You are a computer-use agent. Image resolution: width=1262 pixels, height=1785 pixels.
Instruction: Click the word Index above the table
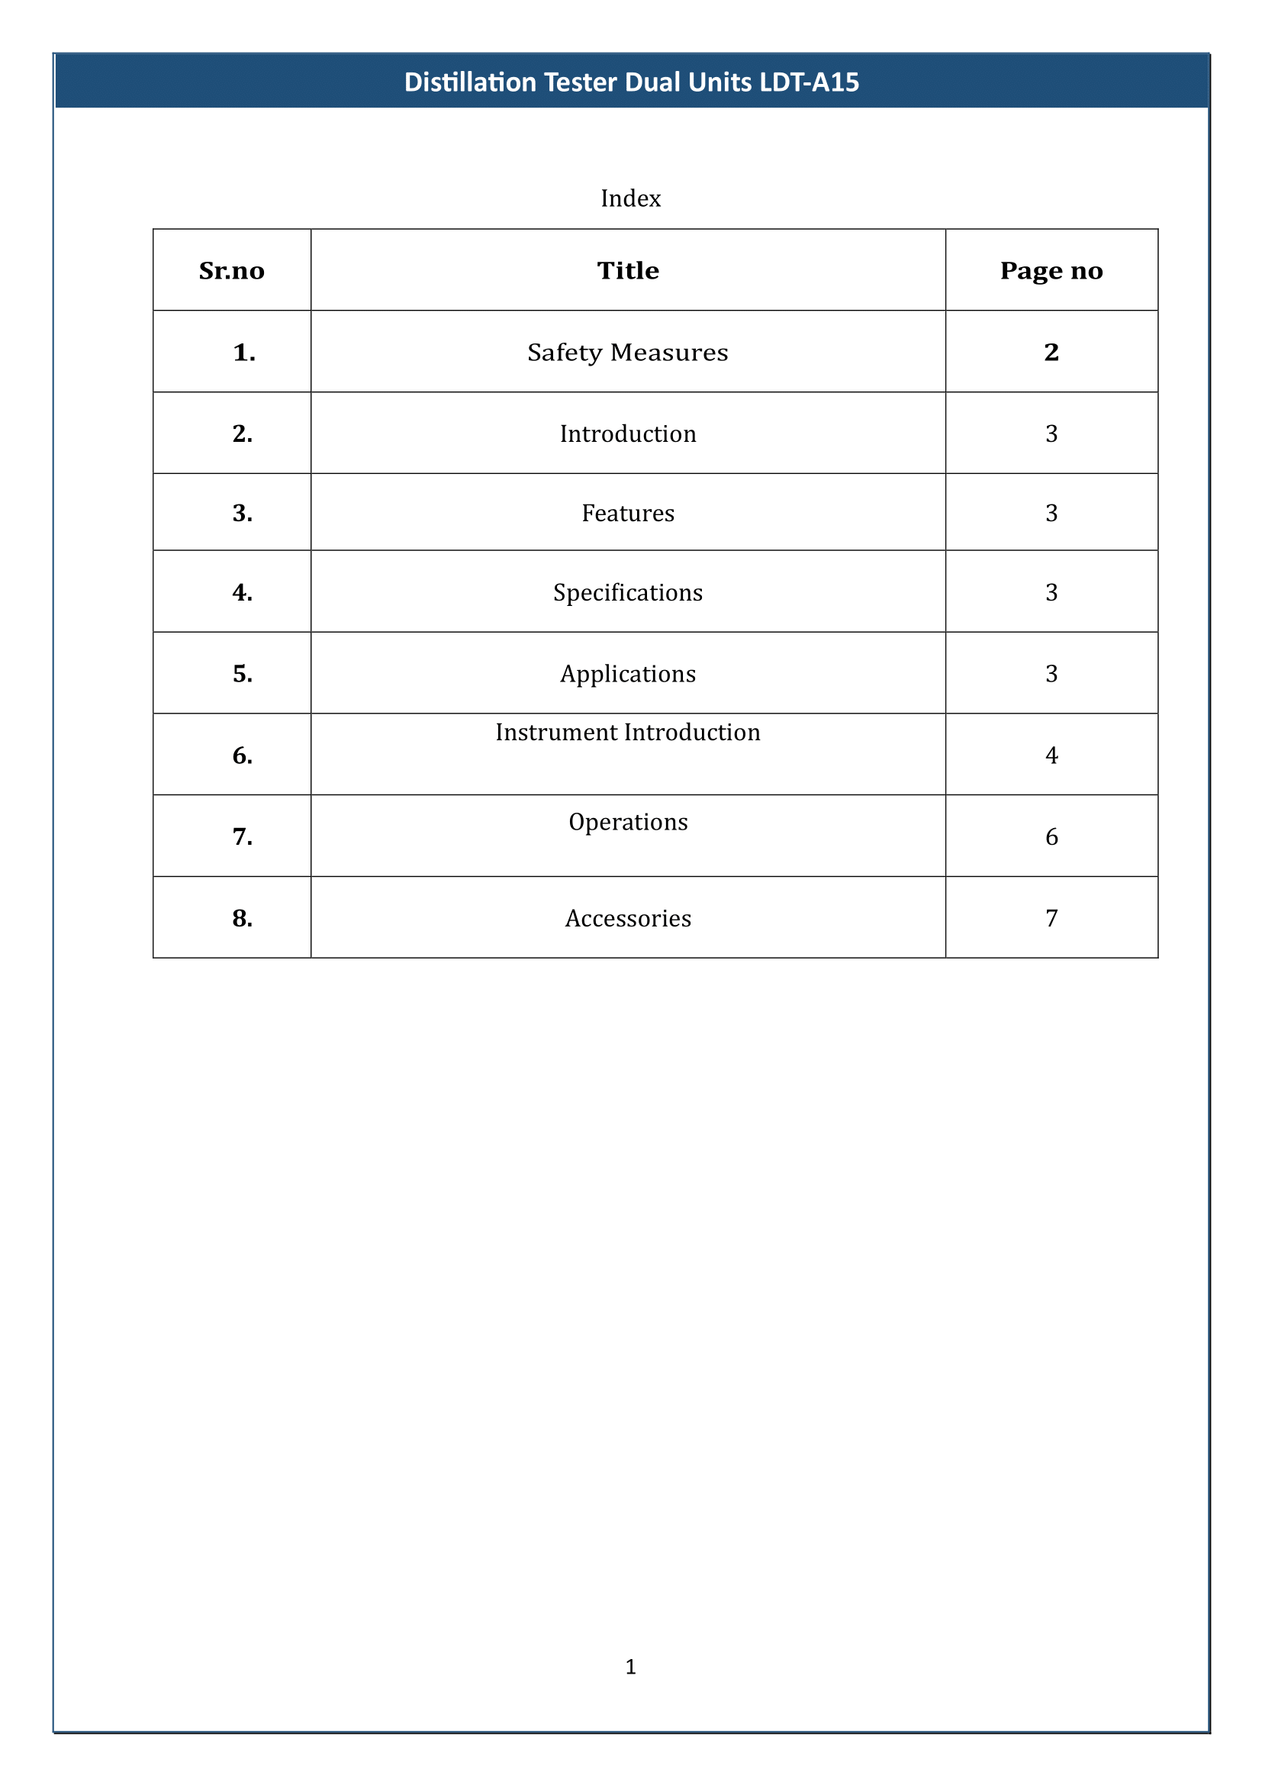[x=630, y=198]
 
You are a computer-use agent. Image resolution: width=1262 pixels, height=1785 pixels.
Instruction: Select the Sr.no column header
[x=232, y=271]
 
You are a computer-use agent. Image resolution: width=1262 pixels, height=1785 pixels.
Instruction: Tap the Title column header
[x=628, y=271]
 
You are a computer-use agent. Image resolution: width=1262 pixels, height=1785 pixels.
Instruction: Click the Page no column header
[x=1051, y=271]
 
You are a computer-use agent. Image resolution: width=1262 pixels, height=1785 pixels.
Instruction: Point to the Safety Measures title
[x=628, y=352]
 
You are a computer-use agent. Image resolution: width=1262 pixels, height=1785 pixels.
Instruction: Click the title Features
[x=628, y=513]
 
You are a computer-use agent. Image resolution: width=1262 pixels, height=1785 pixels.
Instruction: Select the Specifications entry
[x=628, y=592]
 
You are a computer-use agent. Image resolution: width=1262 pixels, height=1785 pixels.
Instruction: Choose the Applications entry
[x=628, y=673]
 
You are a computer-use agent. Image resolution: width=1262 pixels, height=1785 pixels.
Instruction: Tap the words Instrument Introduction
[x=628, y=733]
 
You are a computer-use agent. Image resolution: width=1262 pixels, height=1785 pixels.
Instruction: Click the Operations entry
[x=628, y=822]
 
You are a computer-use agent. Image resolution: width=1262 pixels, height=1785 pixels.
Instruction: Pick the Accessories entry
[x=628, y=918]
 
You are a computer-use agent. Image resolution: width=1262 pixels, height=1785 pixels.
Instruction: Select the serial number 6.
[x=243, y=756]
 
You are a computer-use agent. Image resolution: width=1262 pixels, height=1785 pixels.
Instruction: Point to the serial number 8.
[x=243, y=919]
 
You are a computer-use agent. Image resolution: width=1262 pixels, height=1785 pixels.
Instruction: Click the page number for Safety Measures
[x=1051, y=352]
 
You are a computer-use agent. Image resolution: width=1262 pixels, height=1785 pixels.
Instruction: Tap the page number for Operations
[x=1051, y=836]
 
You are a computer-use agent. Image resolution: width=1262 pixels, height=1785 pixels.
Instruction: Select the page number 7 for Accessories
[x=1051, y=918]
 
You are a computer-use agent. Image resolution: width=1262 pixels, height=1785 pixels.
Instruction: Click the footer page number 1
[x=630, y=1666]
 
